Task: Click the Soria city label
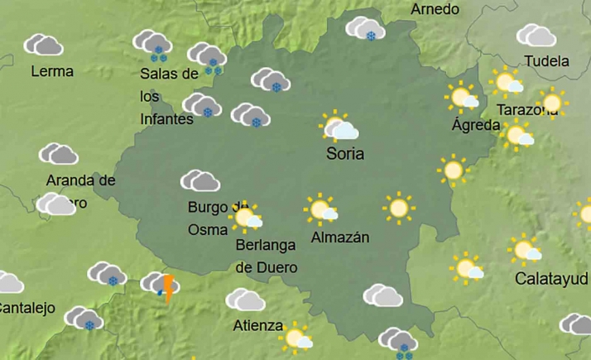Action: coord(345,154)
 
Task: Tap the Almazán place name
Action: coord(339,238)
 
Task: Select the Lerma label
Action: coord(52,71)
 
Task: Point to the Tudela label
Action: coord(546,61)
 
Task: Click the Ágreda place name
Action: coord(476,126)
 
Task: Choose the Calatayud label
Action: coord(552,278)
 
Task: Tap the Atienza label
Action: coord(257,325)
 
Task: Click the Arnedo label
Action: coord(435,9)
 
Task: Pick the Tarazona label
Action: coord(526,110)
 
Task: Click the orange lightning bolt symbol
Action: coord(169,289)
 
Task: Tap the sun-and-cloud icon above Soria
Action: coord(338,127)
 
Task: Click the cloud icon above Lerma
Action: coord(43,45)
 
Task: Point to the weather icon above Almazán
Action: coord(320,210)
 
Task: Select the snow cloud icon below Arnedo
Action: coord(365,30)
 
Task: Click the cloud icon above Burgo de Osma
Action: coord(200,180)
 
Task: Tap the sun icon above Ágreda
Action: coord(462,98)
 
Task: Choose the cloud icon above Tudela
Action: coord(536,36)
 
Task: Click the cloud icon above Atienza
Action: coord(245,300)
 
